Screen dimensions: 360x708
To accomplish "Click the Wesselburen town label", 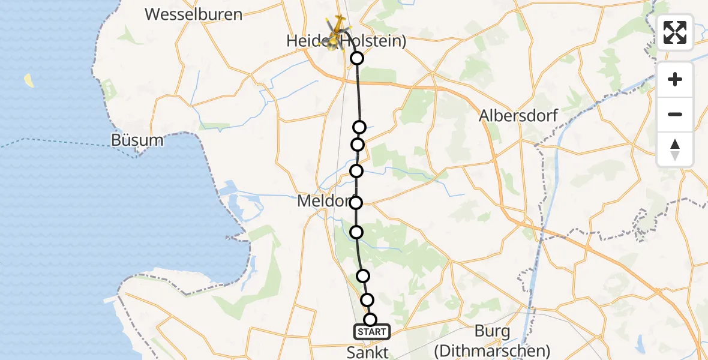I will click(194, 14).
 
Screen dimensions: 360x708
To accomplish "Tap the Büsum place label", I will click(137, 140).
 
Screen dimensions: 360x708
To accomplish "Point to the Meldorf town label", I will click(323, 202).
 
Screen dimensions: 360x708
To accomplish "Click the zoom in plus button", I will click(675, 80).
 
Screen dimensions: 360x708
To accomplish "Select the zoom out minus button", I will click(675, 115).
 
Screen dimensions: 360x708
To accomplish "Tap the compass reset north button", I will click(675, 149).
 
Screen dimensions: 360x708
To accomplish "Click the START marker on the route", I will click(372, 332).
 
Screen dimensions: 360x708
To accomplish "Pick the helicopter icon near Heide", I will click(337, 31).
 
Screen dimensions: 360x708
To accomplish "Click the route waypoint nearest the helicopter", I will click(357, 58).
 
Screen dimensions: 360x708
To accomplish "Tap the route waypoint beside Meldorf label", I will click(356, 202).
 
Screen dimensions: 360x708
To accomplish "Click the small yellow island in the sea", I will click(29, 80).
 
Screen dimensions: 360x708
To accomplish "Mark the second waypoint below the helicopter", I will click(359, 127).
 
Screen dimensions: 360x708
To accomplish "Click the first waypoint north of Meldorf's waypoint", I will click(356, 171).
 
